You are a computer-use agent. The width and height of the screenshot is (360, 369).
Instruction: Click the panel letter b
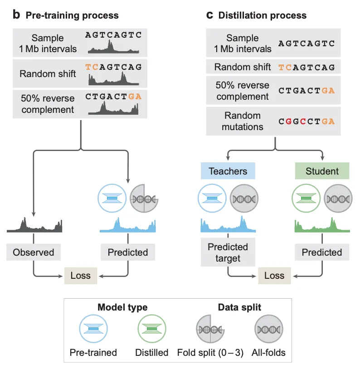click(x=16, y=15)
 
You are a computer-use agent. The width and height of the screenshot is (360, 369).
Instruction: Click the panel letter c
click(x=210, y=15)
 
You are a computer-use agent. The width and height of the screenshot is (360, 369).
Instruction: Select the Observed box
click(x=33, y=252)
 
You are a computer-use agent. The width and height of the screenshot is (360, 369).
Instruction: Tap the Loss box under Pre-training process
click(x=81, y=275)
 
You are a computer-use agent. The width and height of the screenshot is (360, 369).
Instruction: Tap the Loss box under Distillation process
click(x=274, y=275)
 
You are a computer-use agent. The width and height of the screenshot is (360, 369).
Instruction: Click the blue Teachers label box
click(x=228, y=171)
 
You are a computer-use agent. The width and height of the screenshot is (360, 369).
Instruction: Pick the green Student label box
click(x=322, y=171)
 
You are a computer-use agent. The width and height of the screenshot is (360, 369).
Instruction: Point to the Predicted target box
click(x=228, y=253)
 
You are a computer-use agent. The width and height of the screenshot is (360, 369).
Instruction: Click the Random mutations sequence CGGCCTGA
click(x=306, y=121)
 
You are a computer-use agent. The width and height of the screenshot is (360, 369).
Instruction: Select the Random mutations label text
click(x=242, y=121)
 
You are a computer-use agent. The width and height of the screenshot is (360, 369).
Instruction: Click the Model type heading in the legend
click(x=122, y=307)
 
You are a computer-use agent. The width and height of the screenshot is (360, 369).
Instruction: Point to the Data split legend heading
click(x=239, y=307)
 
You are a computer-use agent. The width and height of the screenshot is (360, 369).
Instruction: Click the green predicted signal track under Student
click(x=322, y=226)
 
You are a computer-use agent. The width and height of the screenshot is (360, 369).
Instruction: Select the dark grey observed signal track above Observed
click(x=34, y=225)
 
